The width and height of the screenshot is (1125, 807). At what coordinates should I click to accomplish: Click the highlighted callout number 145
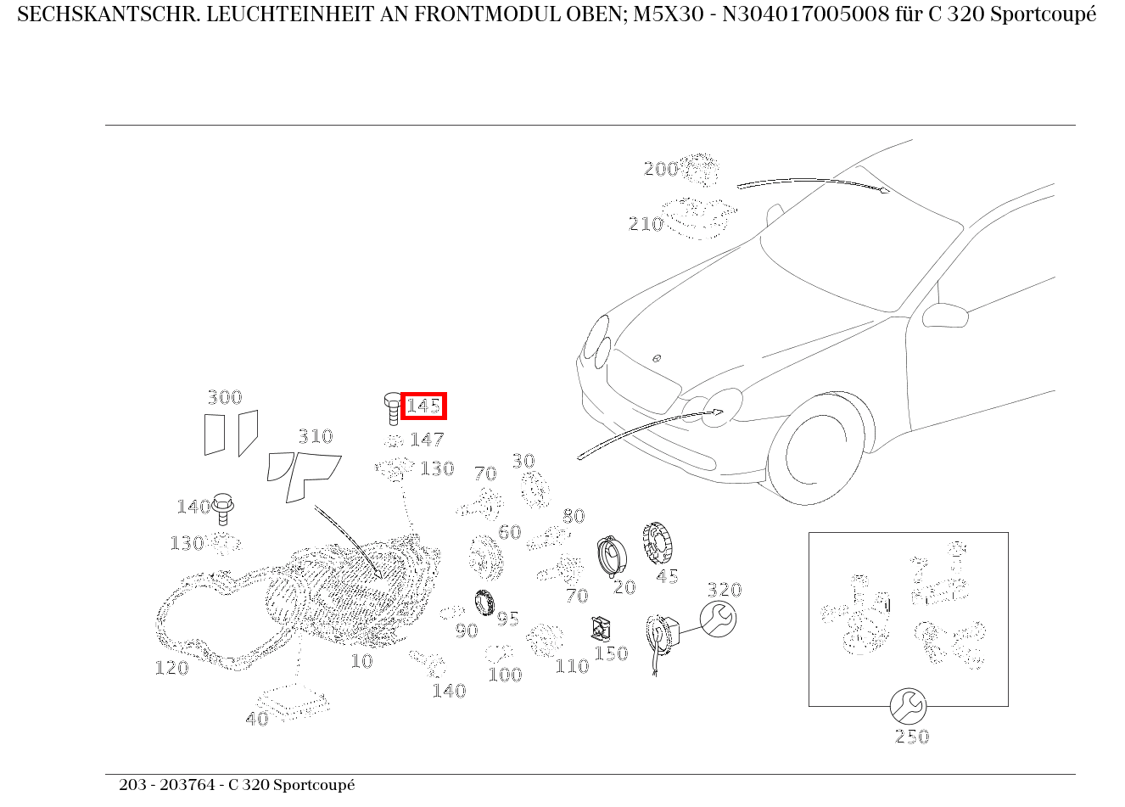pos(423,406)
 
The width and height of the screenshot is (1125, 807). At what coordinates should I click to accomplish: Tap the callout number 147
pos(427,440)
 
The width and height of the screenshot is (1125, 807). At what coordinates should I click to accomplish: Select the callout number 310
pos(316,436)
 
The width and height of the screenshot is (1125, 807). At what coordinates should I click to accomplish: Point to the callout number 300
pos(225,398)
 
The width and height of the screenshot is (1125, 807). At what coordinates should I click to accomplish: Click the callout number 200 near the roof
pos(661,169)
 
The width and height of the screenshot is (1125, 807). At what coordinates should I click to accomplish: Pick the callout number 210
pos(646,224)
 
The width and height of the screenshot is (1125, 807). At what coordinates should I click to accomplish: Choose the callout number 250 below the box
pos(912,737)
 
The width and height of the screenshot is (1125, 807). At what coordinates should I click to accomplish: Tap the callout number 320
pos(725,590)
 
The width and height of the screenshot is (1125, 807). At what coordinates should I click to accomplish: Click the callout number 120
pos(171,668)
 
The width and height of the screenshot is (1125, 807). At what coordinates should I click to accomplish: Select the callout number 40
pos(256,719)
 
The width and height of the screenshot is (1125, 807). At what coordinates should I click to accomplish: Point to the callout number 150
pos(611,653)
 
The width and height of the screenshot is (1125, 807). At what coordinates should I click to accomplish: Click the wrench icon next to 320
pos(719,619)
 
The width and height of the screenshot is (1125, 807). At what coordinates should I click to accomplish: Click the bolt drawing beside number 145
pos(393,409)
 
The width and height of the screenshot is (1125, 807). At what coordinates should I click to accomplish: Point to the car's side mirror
pos(945,316)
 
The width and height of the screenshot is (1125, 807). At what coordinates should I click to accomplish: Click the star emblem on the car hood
pos(657,358)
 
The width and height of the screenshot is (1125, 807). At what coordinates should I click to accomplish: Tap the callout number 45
pos(667,576)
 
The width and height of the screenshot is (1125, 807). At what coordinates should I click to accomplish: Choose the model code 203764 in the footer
pos(187,785)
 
